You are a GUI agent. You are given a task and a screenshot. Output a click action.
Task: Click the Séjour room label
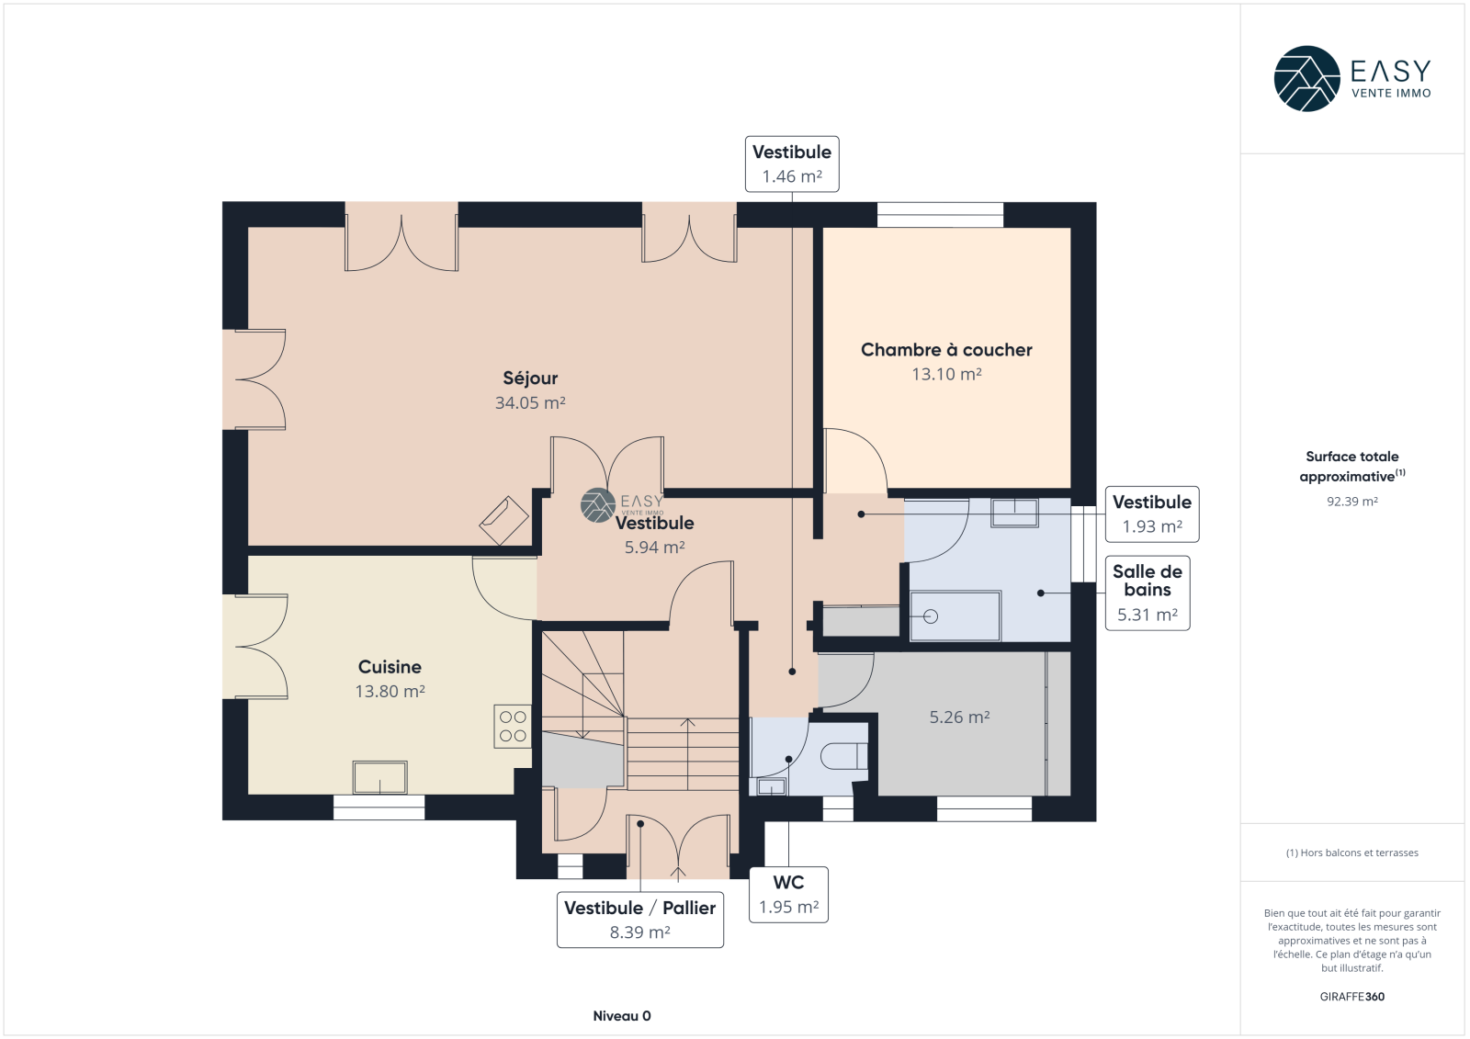pos(530,378)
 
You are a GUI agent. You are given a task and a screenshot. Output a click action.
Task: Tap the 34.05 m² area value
pos(530,402)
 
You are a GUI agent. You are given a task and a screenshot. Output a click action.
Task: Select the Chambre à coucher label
pos(946,350)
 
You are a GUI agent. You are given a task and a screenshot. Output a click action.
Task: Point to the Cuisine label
pos(390,667)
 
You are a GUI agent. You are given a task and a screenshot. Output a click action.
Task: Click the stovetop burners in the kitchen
pos(513,727)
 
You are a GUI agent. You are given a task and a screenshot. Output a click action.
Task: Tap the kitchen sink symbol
pos(380,777)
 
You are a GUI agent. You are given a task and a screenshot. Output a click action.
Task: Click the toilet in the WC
pos(844,756)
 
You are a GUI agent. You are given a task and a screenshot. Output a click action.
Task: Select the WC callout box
pos(789,895)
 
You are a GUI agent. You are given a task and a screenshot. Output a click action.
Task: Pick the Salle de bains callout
pos(1148,593)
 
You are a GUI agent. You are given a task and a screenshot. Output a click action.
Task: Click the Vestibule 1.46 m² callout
pos(792,164)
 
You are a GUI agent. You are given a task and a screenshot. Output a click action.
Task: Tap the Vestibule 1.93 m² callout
pos(1152,514)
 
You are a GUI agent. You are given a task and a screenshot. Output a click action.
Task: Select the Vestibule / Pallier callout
pos(640,920)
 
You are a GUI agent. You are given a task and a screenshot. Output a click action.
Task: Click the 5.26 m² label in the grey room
pos(959,717)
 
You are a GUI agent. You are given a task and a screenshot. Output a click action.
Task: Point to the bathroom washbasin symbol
pos(1014,513)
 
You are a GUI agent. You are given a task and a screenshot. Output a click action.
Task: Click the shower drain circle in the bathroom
pos(931,616)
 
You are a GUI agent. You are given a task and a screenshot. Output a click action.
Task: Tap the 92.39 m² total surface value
pos(1351,502)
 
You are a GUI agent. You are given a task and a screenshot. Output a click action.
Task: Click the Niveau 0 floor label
pos(622,1016)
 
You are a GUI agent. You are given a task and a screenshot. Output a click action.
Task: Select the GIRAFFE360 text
pos(1351,997)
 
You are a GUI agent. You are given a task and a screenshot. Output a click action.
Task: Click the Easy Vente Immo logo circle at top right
pos(1307,79)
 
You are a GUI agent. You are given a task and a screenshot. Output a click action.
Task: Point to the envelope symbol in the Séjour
pos(504,521)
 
